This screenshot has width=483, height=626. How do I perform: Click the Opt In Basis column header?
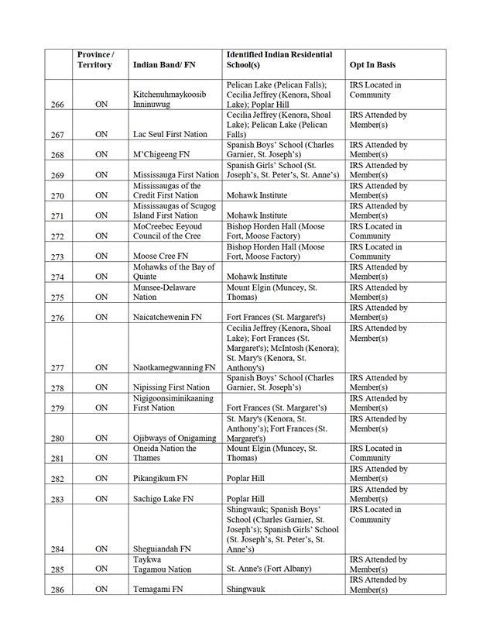pos(372,65)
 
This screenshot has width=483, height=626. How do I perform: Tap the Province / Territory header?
pos(95,60)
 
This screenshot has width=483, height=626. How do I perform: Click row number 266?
pos(57,105)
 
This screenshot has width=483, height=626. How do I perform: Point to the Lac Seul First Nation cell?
pos(170,134)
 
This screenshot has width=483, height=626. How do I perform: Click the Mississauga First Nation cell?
pos(176,175)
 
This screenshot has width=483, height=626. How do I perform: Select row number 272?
pos(57,236)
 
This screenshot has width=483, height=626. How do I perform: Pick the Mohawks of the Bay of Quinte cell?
pos(166,271)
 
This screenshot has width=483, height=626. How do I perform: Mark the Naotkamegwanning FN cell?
pos(174,367)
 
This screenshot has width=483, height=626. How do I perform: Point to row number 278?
pos(57,387)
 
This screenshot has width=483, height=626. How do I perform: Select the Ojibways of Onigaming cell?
pos(173,438)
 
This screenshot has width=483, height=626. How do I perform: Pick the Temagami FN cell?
pos(158,589)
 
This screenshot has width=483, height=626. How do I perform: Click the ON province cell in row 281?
pos(101,458)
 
